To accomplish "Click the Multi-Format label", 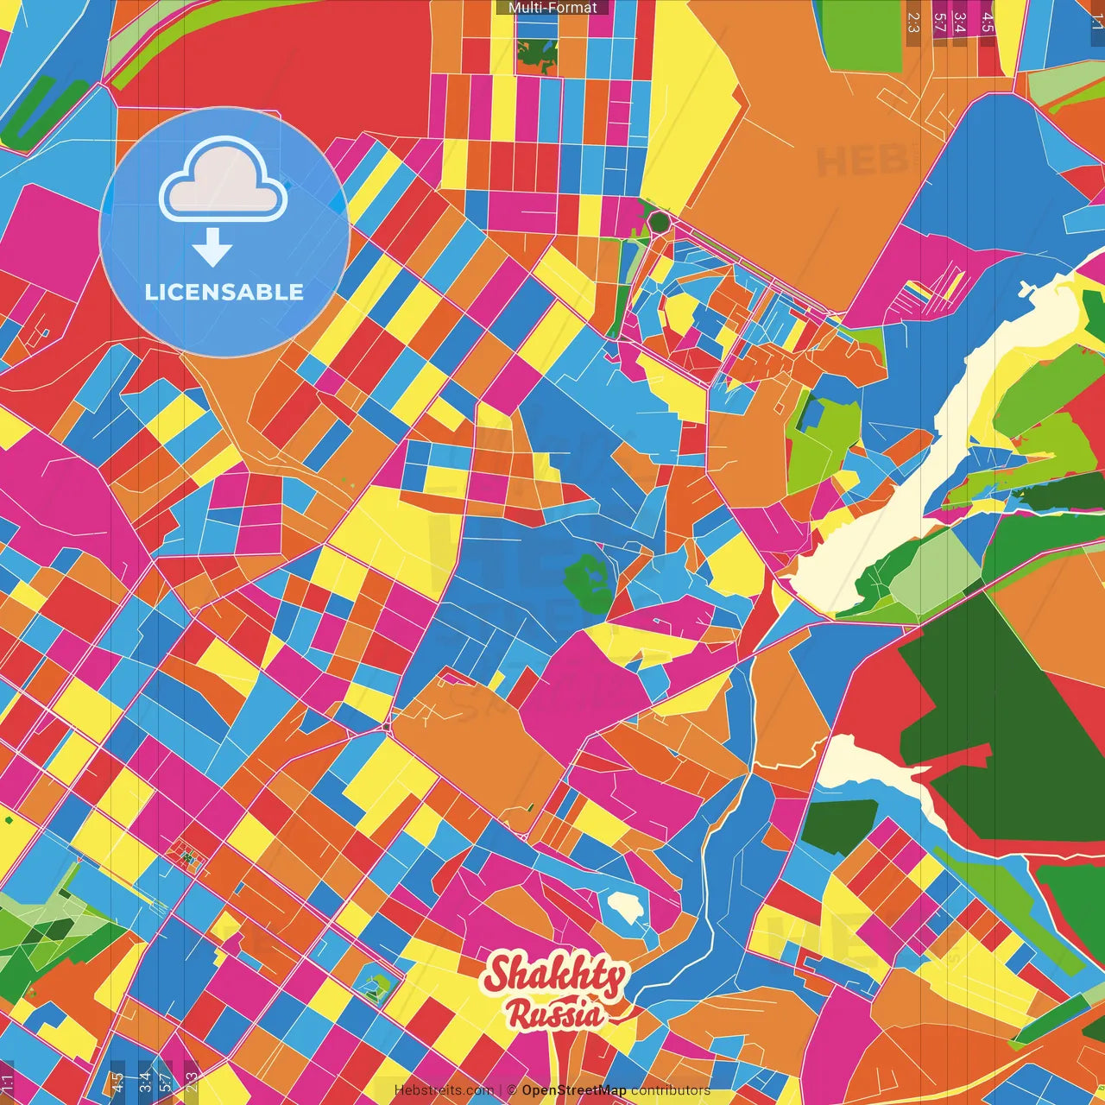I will [x=552, y=8].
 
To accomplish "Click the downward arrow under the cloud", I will [x=212, y=248].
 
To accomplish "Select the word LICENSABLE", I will [x=224, y=292].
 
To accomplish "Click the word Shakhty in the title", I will [x=555, y=976].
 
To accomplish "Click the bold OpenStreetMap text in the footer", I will [x=574, y=1090].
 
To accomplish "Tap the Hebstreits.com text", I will [x=444, y=1090].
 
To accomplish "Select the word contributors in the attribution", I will [x=671, y=1090].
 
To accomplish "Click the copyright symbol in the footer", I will [x=512, y=1090].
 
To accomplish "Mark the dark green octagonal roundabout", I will [x=660, y=222].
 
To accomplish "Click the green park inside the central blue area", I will [x=589, y=583].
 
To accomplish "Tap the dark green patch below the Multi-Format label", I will [x=537, y=54].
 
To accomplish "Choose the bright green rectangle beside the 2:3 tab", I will [x=861, y=35].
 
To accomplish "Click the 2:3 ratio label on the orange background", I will [x=913, y=22].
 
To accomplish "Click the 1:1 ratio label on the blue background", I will [x=1096, y=22].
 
